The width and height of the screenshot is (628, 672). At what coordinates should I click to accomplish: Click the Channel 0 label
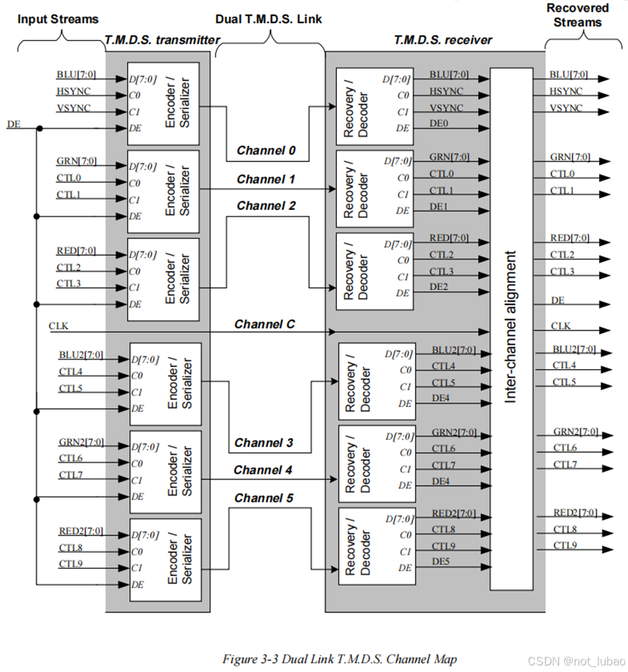click(266, 151)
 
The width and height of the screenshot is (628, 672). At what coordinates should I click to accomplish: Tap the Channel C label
click(264, 324)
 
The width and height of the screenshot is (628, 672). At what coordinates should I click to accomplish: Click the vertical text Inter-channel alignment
click(511, 327)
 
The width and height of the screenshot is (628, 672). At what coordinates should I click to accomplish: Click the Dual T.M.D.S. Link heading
click(269, 18)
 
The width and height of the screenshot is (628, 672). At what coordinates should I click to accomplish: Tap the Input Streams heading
click(57, 18)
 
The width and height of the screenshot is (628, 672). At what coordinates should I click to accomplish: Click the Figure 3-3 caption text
click(339, 659)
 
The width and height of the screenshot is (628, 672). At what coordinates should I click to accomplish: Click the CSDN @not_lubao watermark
click(575, 660)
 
